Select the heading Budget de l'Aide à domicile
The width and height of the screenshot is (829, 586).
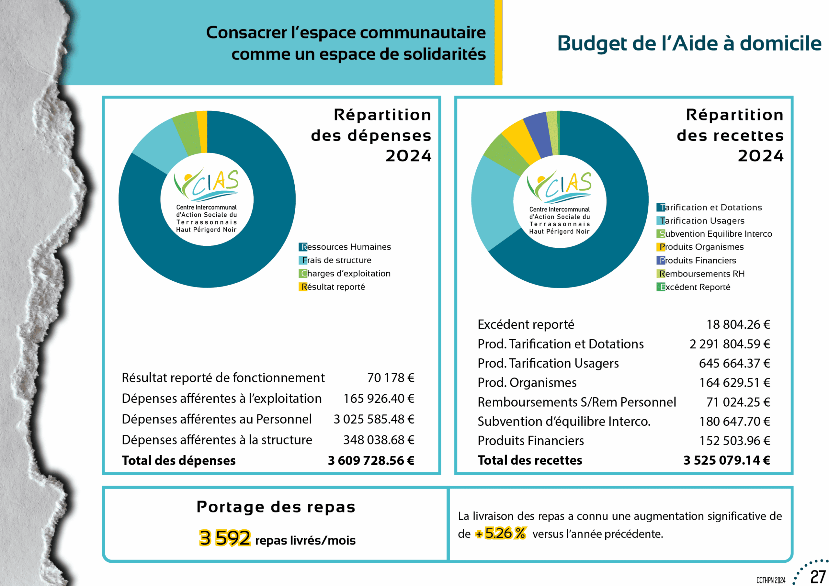tap(689, 44)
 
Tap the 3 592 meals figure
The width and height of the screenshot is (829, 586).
tap(225, 538)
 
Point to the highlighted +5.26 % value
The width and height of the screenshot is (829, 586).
tap(501, 533)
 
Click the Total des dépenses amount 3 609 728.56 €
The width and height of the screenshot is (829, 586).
tap(371, 461)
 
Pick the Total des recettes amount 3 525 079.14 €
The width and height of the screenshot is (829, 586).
tap(726, 460)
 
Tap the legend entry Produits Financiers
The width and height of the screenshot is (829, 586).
tap(697, 260)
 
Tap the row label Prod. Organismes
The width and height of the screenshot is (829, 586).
tap(527, 383)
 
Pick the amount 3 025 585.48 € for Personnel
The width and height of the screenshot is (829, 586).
tap(374, 419)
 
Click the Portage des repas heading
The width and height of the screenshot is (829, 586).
tap(276, 507)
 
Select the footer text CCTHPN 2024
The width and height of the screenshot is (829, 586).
tap(771, 580)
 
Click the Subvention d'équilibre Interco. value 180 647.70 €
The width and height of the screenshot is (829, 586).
tap(734, 421)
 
